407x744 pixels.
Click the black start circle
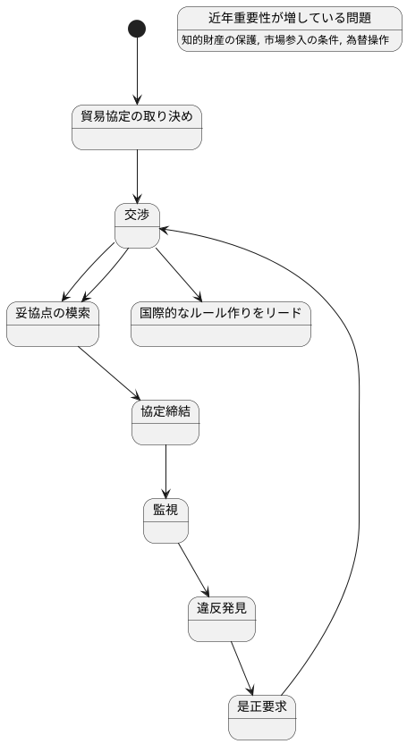137,29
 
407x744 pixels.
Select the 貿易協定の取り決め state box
137,127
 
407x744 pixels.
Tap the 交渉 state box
137,225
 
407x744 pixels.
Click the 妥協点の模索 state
53,324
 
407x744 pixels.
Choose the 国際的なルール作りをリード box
220,324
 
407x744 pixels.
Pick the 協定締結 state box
165,422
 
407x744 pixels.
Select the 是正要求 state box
261,717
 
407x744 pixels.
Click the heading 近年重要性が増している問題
289,18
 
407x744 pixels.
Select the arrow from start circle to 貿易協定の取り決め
137,72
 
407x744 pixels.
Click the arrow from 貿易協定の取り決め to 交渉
137,176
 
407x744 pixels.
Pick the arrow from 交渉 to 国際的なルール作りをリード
179,275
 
